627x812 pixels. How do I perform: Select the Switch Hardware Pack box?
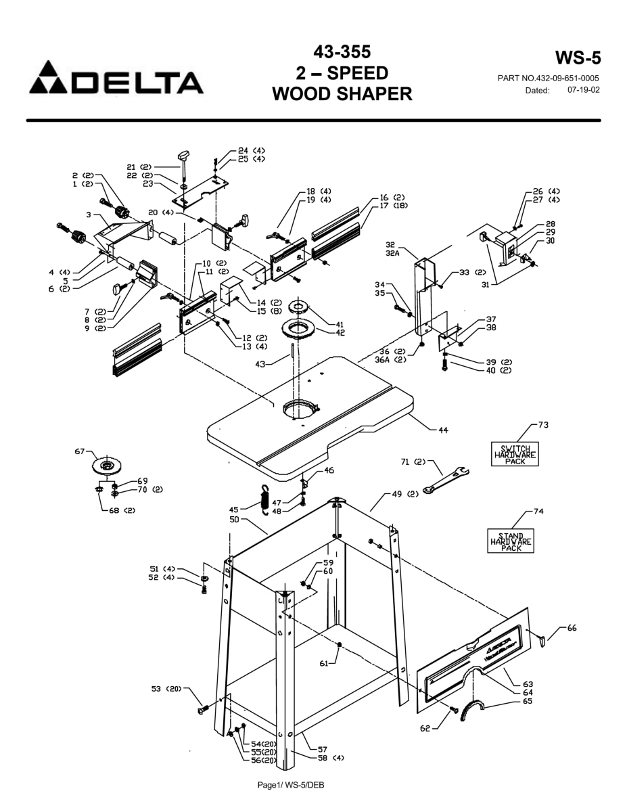point(515,453)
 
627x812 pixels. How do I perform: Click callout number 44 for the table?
point(443,430)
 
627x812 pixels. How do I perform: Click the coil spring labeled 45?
point(266,500)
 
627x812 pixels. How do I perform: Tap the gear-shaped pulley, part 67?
point(106,466)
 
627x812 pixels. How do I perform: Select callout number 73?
point(543,425)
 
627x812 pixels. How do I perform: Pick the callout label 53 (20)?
point(166,689)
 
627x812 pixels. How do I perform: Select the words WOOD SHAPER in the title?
point(342,93)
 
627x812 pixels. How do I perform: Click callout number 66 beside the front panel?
point(572,629)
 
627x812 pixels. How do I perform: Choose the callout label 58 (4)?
point(330,758)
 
